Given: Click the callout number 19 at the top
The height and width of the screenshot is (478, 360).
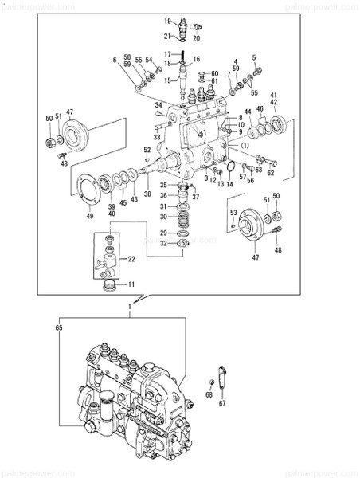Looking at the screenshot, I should pyautogui.click(x=169, y=20).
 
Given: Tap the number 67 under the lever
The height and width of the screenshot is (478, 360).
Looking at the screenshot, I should pyautogui.click(x=223, y=403).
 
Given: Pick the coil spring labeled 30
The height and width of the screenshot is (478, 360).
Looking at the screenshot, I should pyautogui.click(x=183, y=216).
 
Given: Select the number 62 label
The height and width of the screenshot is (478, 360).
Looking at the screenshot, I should pyautogui.click(x=271, y=172).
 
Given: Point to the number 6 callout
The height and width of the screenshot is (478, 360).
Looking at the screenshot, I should pyautogui.click(x=115, y=61).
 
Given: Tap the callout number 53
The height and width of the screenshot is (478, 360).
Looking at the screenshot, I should pyautogui.click(x=233, y=213).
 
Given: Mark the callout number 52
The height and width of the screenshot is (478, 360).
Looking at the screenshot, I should pyautogui.click(x=147, y=150).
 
